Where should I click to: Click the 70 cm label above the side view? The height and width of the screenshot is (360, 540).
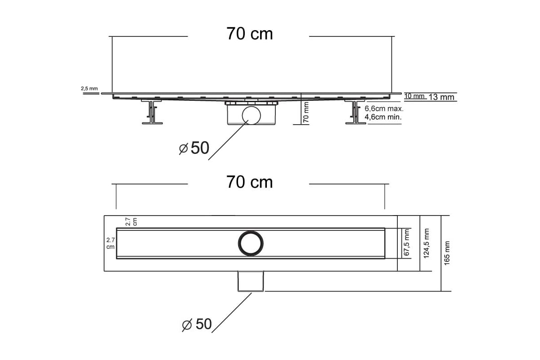tap(249, 34)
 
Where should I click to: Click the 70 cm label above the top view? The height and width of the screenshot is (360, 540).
tap(249, 182)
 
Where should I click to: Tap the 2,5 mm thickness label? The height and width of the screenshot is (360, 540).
tap(89, 89)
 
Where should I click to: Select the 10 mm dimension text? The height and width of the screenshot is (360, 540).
tap(414, 96)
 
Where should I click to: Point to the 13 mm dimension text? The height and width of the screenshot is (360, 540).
tap(441, 97)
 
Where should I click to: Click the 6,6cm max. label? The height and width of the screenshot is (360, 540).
tap(384, 108)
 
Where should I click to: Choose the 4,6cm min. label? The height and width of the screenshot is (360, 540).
tap(383, 117)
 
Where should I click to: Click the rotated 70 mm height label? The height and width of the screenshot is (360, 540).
tap(306, 112)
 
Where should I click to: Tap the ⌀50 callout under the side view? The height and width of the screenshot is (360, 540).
tap(194, 148)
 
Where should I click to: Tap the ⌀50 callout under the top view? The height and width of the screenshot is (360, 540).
tap(197, 324)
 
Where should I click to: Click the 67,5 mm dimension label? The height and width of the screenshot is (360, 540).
tap(407, 243)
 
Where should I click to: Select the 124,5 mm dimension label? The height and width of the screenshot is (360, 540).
tap(427, 243)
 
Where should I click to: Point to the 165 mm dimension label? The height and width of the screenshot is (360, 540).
tap(447, 253)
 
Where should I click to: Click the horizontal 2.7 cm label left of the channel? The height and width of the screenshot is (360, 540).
tap(110, 243)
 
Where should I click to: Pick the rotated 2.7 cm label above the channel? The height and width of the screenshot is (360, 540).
tap(131, 221)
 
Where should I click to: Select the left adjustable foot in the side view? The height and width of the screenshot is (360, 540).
tap(152, 112)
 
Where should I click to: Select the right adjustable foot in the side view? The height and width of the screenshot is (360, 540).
tap(355, 112)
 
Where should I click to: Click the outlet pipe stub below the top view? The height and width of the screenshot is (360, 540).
tap(251, 281)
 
